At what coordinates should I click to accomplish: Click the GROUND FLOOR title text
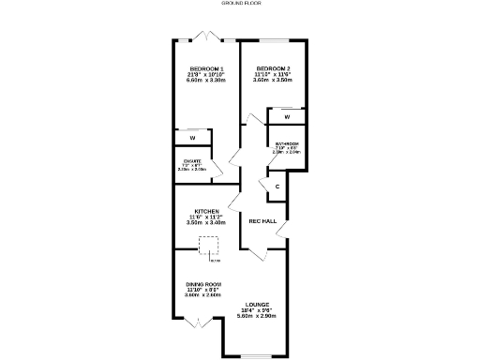(240, 4)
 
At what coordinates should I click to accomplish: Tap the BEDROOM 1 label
(206, 68)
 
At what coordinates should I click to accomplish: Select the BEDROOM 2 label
(273, 68)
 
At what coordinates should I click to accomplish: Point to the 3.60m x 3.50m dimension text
(273, 81)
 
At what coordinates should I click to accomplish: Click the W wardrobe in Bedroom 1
(191, 138)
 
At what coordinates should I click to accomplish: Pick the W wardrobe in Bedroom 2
(287, 116)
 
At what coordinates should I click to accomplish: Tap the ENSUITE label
(192, 161)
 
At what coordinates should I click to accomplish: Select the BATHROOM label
(286, 143)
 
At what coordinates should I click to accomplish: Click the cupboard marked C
(278, 187)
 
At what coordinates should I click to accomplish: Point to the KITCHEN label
(207, 211)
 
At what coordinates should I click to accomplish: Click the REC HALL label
(262, 221)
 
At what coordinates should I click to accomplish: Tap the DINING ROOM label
(203, 284)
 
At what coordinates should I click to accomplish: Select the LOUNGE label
(258, 305)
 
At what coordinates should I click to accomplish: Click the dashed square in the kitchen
(208, 247)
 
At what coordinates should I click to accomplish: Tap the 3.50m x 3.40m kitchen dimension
(207, 223)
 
